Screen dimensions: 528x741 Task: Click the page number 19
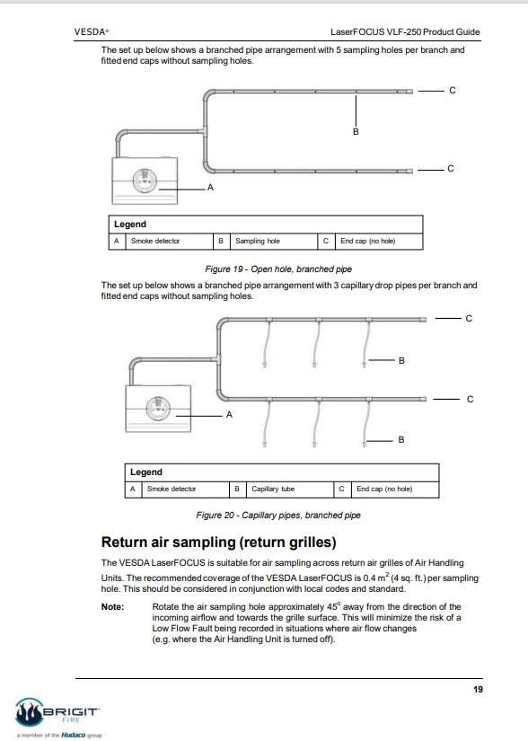click(478, 690)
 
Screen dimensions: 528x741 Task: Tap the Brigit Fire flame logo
click(30, 712)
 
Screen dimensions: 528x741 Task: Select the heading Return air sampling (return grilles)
click(219, 542)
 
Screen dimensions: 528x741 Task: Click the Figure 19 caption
click(278, 269)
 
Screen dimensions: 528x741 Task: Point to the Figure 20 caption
click(278, 516)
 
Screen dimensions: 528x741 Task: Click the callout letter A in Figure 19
click(211, 188)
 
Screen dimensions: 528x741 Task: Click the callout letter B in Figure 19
click(356, 132)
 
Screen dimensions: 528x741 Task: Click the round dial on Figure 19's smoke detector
click(145, 181)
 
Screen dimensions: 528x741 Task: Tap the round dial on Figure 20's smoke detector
click(158, 409)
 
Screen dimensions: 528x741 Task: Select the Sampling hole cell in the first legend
click(258, 241)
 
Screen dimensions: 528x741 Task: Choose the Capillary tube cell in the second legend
click(273, 489)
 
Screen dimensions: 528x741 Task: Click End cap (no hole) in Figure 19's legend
click(368, 241)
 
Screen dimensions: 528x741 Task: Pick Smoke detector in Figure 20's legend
click(172, 489)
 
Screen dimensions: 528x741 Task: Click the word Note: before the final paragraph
click(113, 607)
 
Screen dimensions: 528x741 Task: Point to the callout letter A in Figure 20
click(230, 415)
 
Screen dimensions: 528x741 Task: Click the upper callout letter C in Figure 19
click(453, 90)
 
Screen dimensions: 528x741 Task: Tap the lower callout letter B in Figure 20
click(401, 440)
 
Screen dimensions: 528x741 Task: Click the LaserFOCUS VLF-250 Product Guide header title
click(405, 32)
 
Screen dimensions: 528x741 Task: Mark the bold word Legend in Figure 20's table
click(146, 472)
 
